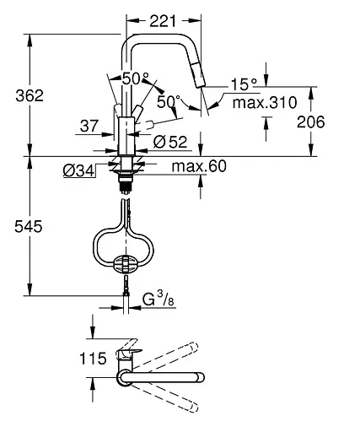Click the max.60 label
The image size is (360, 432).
[199, 166]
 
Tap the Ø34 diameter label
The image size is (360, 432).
[78, 171]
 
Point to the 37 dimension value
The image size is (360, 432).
[89, 126]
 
